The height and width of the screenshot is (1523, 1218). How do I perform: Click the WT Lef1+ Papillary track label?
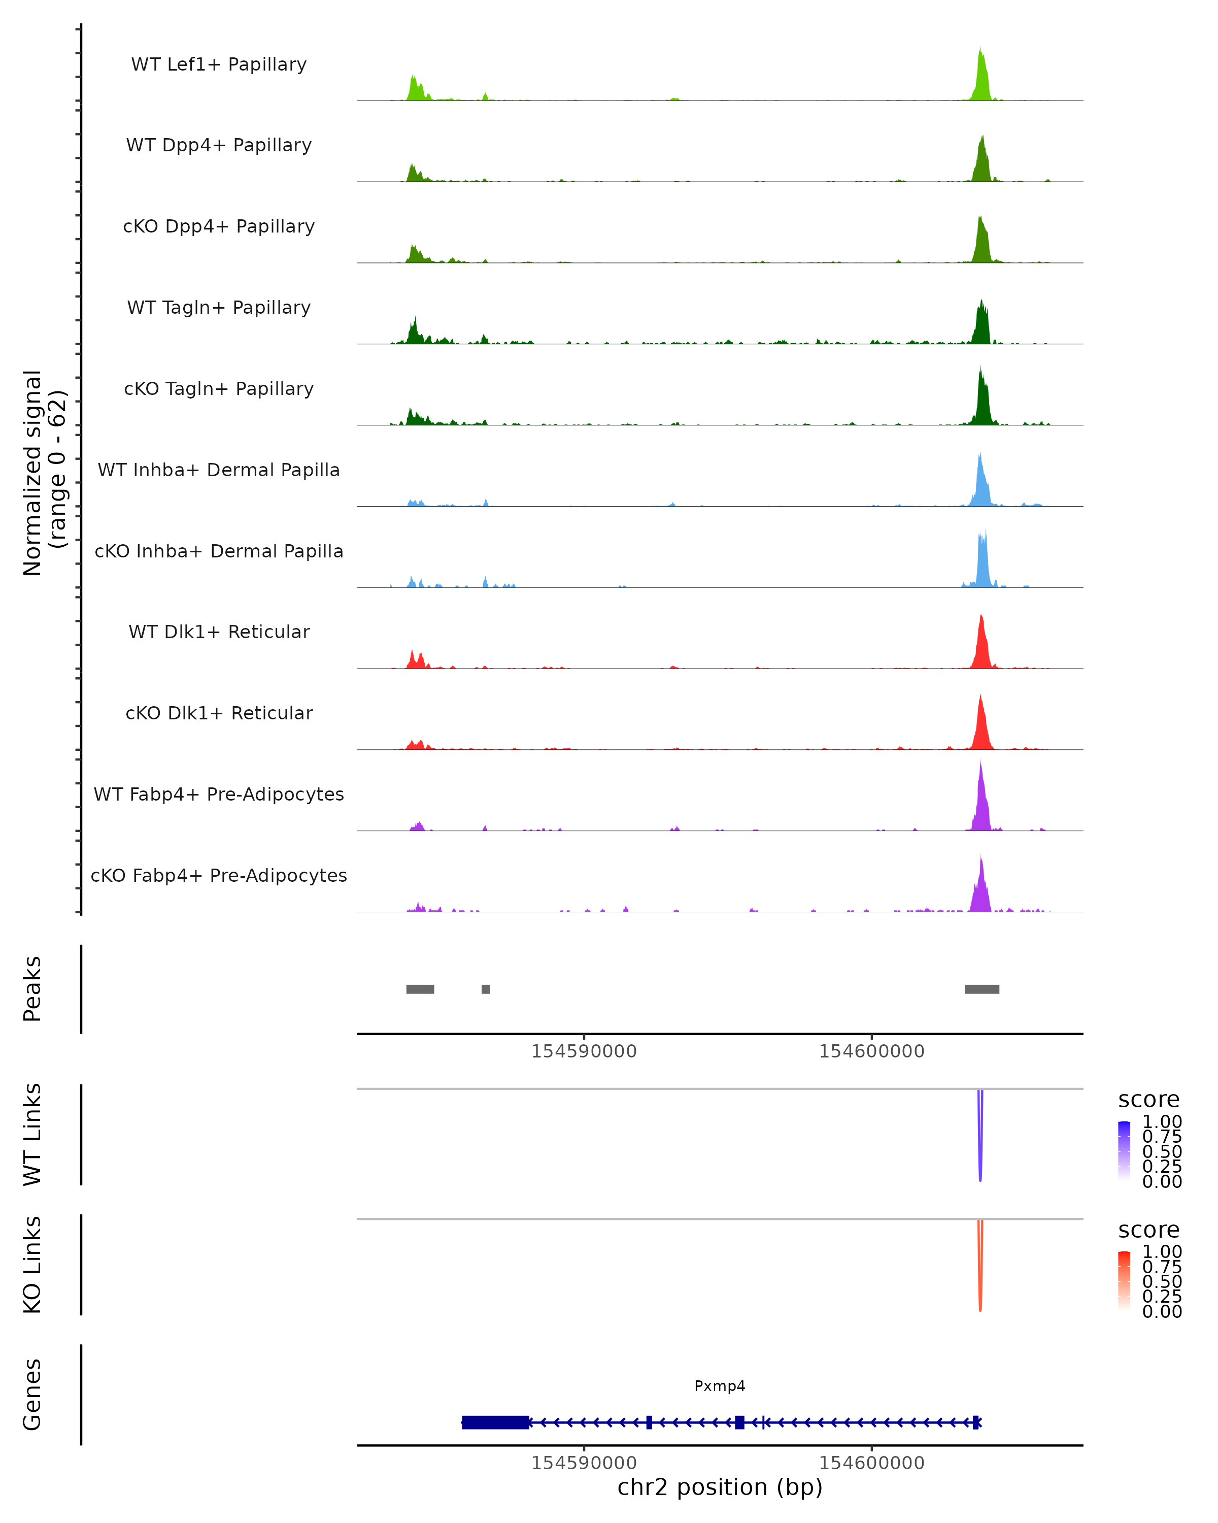(219, 64)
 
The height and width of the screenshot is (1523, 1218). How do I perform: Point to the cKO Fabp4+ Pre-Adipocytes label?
(219, 875)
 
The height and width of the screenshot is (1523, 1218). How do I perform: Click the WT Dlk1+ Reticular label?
(219, 632)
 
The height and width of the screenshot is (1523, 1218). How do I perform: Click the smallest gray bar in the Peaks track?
(486, 989)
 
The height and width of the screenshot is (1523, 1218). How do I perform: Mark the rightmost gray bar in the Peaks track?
(982, 989)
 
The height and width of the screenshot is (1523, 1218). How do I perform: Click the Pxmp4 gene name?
(720, 1386)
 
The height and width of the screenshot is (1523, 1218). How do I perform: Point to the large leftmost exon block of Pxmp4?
(496, 1422)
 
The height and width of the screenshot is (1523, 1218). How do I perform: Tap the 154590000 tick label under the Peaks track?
(584, 1051)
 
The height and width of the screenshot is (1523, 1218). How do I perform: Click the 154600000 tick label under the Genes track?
(871, 1463)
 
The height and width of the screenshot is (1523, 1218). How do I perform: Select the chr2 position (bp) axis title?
(720, 1487)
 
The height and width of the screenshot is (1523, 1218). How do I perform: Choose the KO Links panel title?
(32, 1265)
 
